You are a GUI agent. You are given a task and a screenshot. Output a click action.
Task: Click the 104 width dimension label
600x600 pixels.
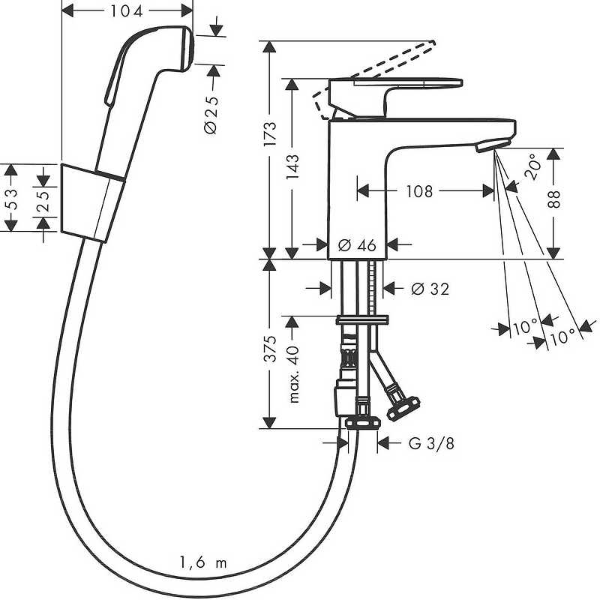coord(127,11)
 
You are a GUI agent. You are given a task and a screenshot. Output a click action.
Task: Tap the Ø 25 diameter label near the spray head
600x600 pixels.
coord(211,115)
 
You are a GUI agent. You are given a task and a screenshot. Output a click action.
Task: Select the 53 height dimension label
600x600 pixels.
coord(12,198)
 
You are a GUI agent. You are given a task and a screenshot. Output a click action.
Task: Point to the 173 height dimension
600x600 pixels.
coord(270,133)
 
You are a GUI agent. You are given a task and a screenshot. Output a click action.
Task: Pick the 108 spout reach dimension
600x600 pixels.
coord(419,190)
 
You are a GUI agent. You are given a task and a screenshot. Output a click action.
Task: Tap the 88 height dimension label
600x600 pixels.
coord(553,199)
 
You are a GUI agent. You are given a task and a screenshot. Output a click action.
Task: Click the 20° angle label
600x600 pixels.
coord(532,166)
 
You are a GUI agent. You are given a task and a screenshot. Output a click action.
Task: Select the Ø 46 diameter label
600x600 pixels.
coord(358,245)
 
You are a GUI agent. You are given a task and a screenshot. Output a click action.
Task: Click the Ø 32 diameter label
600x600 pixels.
coord(430,289)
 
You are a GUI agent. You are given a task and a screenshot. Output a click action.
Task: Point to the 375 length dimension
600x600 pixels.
coord(270,349)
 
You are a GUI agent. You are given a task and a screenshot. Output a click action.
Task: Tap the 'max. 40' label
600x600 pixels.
coord(292,373)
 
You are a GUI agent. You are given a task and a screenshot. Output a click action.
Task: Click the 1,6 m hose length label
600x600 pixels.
coord(203,562)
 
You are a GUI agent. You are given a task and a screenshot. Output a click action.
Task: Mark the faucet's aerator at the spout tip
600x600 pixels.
coord(493,145)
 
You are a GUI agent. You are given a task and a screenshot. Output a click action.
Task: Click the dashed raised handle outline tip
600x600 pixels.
coord(433,42)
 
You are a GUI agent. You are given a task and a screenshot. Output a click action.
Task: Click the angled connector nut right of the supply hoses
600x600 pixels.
coord(403,409)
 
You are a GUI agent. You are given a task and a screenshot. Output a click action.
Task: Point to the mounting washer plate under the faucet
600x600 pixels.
coord(362,320)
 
